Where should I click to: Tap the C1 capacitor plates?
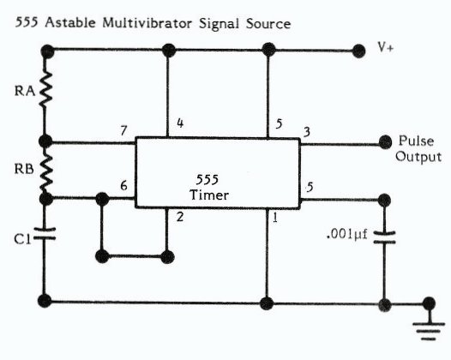point(45,233)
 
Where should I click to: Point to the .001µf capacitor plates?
point(384,237)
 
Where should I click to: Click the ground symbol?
point(429,331)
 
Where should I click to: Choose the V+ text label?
point(386,47)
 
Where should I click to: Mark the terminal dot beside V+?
point(358,51)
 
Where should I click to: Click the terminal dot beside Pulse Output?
point(385,142)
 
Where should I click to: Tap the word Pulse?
point(416,141)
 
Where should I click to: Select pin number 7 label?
point(123,131)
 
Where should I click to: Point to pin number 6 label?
point(123,185)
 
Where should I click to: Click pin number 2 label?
point(180,217)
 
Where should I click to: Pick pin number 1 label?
point(275,218)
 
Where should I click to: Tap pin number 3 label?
point(307,132)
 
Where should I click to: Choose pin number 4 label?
point(180,123)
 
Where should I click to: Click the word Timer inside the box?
point(209,195)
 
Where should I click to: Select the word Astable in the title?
point(70,23)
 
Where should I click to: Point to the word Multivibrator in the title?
point(147,23)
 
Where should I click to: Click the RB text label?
point(24,169)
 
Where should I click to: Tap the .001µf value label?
point(347,234)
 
